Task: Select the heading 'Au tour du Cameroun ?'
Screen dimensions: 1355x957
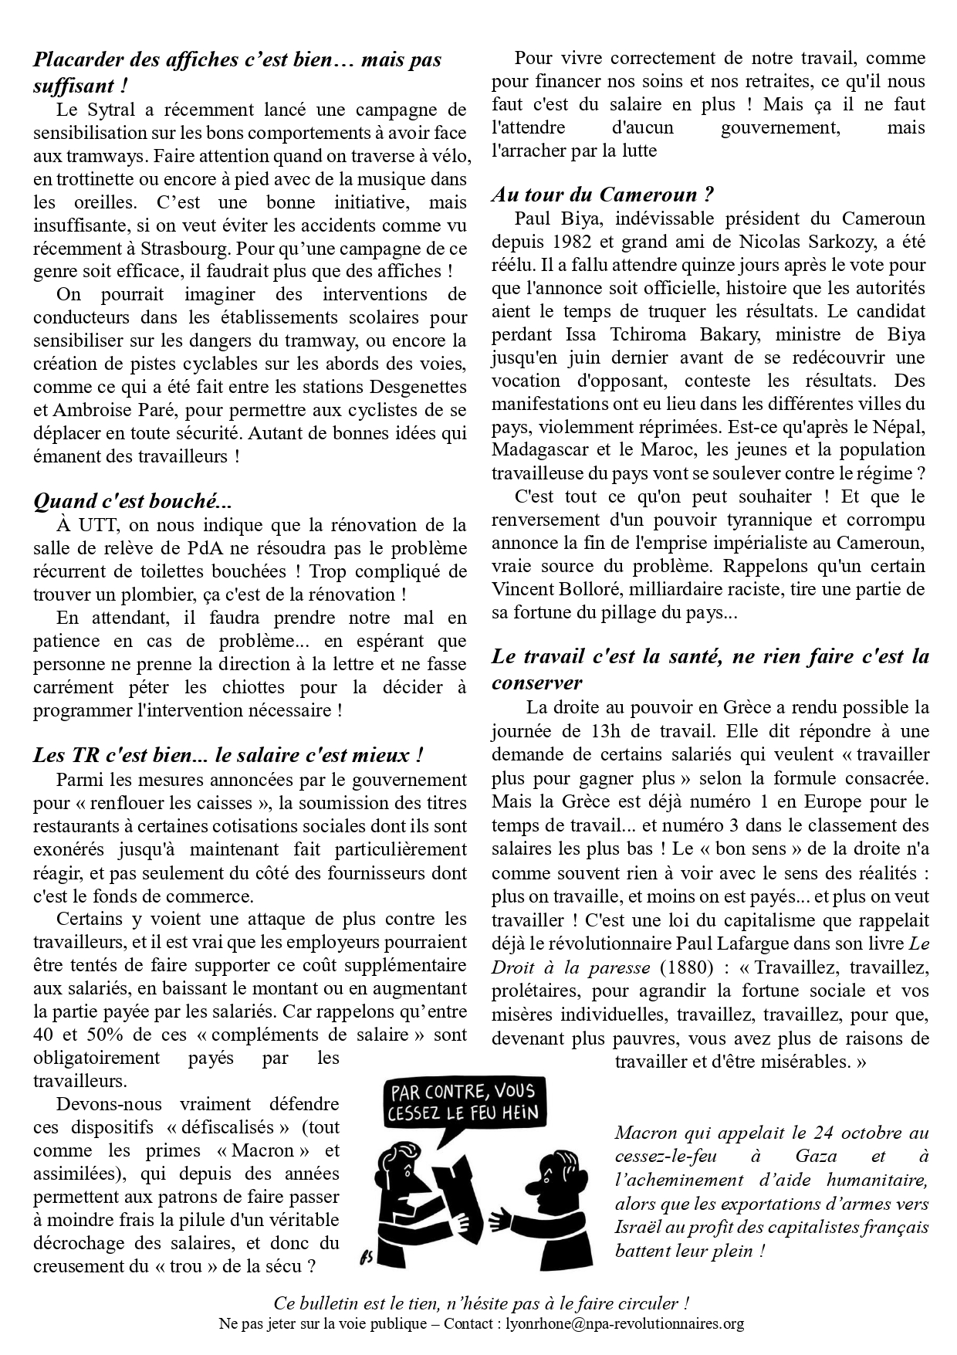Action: [x=602, y=195]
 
